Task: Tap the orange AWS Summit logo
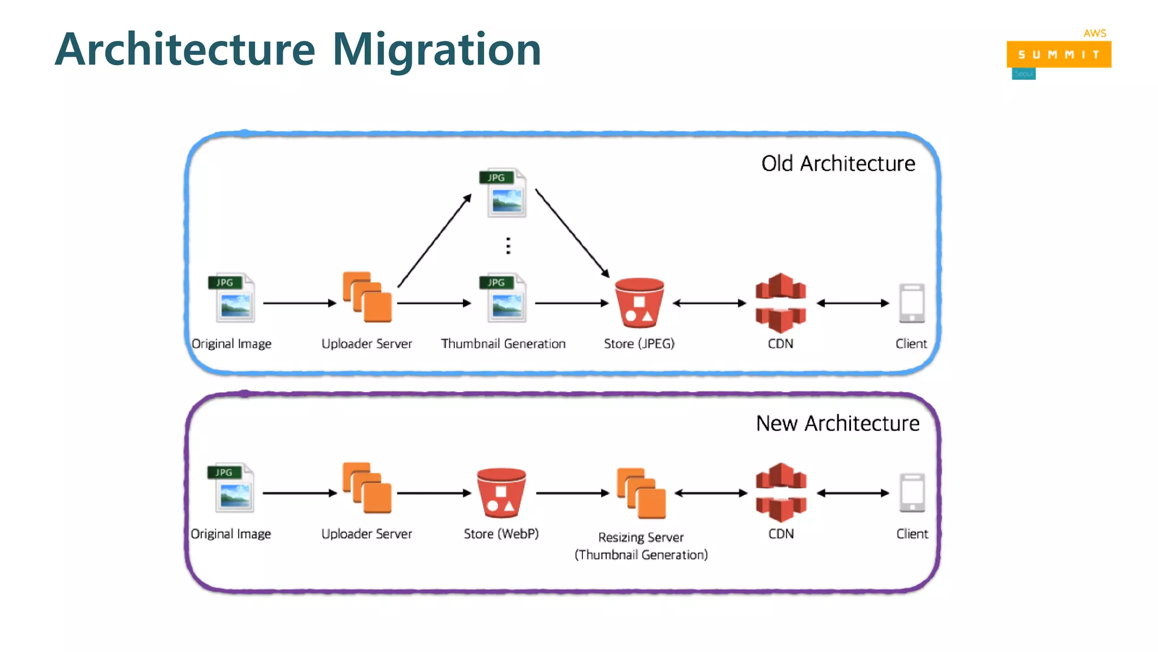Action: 1058,54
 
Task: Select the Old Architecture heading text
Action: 838,164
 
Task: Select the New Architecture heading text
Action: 837,423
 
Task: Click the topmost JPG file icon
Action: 504,193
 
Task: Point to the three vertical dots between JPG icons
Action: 508,246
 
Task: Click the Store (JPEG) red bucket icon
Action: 640,303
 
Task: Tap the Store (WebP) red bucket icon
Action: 502,492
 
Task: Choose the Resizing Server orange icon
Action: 641,493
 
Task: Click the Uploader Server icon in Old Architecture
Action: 367,297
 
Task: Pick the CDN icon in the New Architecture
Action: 781,492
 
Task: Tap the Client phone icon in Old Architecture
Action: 911,303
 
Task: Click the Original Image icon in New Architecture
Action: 232,488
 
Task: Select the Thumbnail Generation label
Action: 503,344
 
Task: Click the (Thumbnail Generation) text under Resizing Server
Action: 641,555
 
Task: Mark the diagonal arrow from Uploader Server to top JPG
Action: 434,241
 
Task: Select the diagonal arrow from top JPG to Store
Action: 572,233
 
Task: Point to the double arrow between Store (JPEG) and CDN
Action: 709,303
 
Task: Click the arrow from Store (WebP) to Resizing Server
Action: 572,493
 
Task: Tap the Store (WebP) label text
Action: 501,534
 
